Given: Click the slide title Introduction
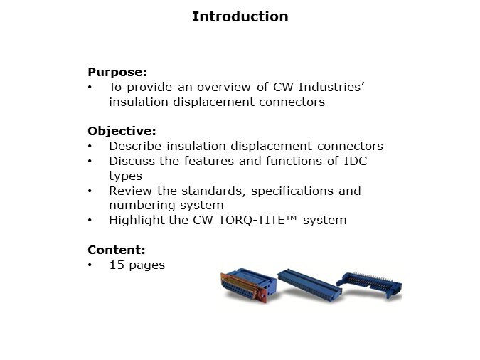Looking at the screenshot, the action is click(x=240, y=16).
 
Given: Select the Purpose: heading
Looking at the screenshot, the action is click(x=117, y=72).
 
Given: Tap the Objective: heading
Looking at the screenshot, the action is click(x=122, y=131).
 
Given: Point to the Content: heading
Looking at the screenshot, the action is click(x=117, y=250).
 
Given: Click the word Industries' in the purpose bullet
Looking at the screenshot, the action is click(x=331, y=87).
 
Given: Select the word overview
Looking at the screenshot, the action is click(x=224, y=87).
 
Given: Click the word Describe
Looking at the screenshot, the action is click(x=135, y=146).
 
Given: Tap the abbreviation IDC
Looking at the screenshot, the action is click(x=356, y=161).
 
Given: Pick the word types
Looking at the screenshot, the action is click(x=125, y=176).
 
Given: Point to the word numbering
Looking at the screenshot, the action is click(x=142, y=206).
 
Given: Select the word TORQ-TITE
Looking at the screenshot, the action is click(x=252, y=220).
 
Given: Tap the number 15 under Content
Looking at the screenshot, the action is click(x=117, y=265).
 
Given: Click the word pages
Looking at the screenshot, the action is click(x=147, y=265).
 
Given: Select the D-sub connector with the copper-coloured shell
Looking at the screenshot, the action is click(x=248, y=285).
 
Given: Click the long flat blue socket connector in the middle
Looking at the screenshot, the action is click(x=309, y=285).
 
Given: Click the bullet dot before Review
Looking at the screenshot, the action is click(x=90, y=191).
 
